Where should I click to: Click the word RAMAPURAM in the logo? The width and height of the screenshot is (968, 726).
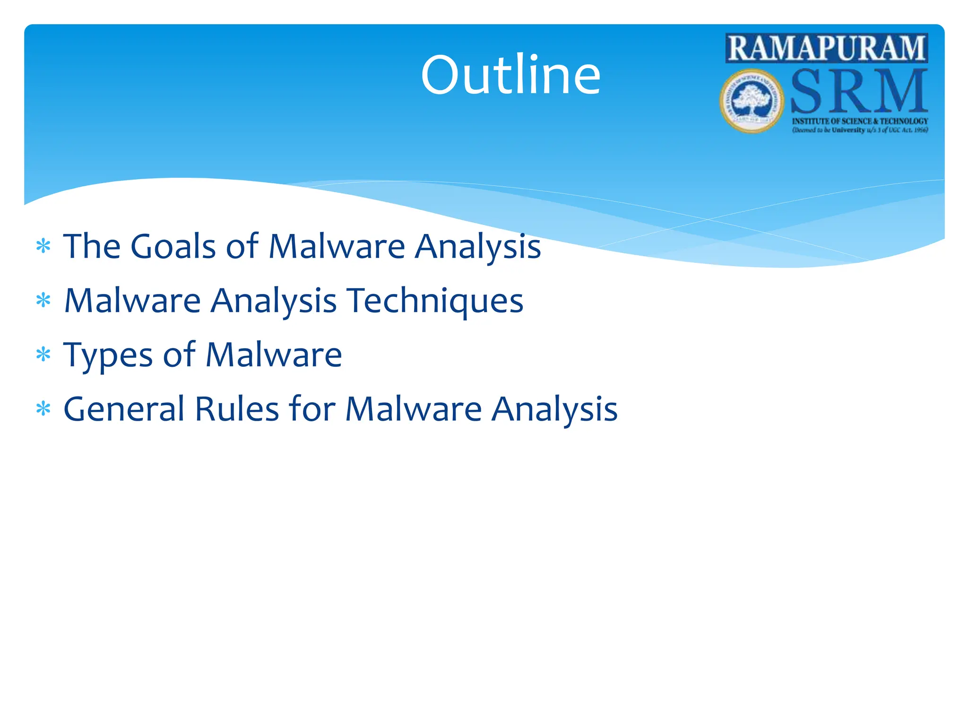[x=826, y=48]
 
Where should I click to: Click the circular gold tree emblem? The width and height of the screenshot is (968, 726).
[x=752, y=101]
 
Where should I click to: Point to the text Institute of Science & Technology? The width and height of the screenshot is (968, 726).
[x=860, y=121]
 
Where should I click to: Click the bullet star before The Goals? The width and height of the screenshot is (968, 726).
[x=43, y=247]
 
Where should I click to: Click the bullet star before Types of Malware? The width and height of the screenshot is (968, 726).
[x=43, y=355]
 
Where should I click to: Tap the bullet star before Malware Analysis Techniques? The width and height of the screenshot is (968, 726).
[x=43, y=301]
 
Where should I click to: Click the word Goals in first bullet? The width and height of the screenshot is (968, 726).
[x=173, y=247]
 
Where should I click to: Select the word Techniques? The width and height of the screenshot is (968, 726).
[x=435, y=301]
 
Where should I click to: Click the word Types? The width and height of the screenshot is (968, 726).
[x=108, y=355]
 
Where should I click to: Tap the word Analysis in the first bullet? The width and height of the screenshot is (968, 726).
[x=477, y=247]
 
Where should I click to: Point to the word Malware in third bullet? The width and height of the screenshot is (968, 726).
[x=274, y=355]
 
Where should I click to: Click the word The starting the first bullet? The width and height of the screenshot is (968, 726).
[x=92, y=247]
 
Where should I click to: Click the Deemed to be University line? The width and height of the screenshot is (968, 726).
[x=860, y=130]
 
